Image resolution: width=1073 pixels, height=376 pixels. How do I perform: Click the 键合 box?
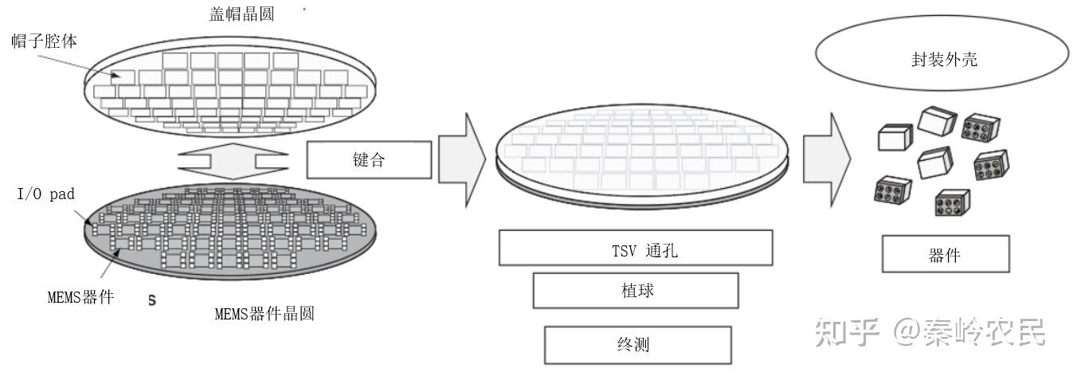click(369, 159)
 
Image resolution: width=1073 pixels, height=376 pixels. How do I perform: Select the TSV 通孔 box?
click(635, 248)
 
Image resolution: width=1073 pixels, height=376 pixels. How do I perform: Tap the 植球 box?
click(635, 291)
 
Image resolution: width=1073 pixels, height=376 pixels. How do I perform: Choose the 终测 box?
click(637, 345)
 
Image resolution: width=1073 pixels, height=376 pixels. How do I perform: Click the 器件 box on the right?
click(946, 255)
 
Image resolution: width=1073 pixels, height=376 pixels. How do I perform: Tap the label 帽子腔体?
click(44, 41)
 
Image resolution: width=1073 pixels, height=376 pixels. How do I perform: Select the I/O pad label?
click(45, 194)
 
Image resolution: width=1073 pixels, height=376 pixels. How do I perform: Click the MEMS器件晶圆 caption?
click(264, 314)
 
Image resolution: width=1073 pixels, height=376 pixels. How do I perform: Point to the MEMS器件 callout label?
click(80, 298)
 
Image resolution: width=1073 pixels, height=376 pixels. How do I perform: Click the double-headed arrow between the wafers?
click(232, 160)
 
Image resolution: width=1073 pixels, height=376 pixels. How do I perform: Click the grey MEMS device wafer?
click(231, 231)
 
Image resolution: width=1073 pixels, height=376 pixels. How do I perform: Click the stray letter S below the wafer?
click(151, 300)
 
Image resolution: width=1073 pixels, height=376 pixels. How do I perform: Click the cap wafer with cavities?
click(231, 88)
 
